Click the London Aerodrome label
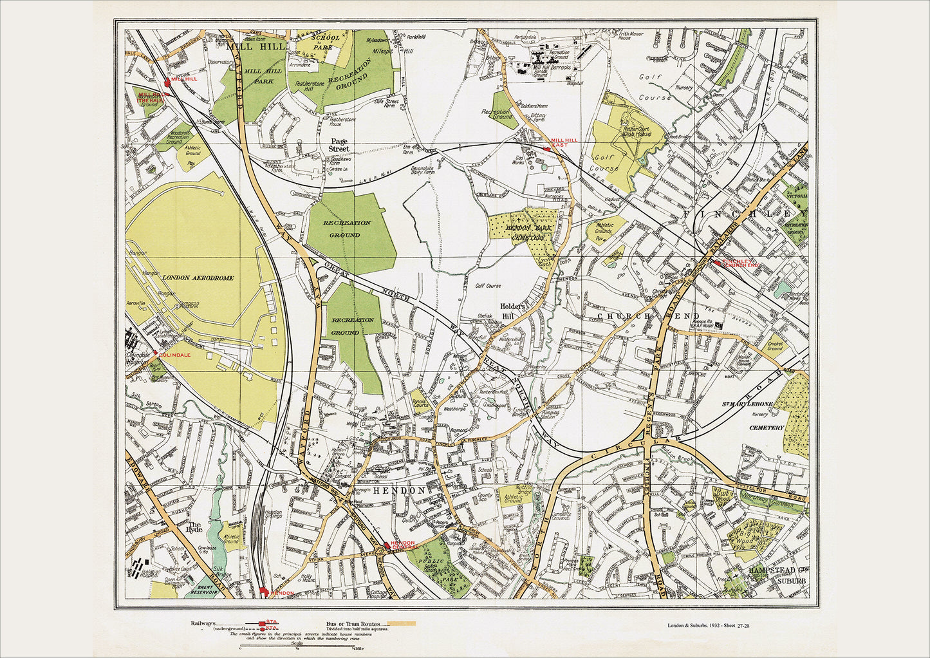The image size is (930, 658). click(198, 277)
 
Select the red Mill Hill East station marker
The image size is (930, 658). click(546, 149)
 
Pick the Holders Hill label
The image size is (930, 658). click(517, 311)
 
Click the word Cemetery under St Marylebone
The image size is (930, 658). click(767, 428)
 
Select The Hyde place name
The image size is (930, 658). click(194, 526)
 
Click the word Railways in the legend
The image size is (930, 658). click(203, 624)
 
